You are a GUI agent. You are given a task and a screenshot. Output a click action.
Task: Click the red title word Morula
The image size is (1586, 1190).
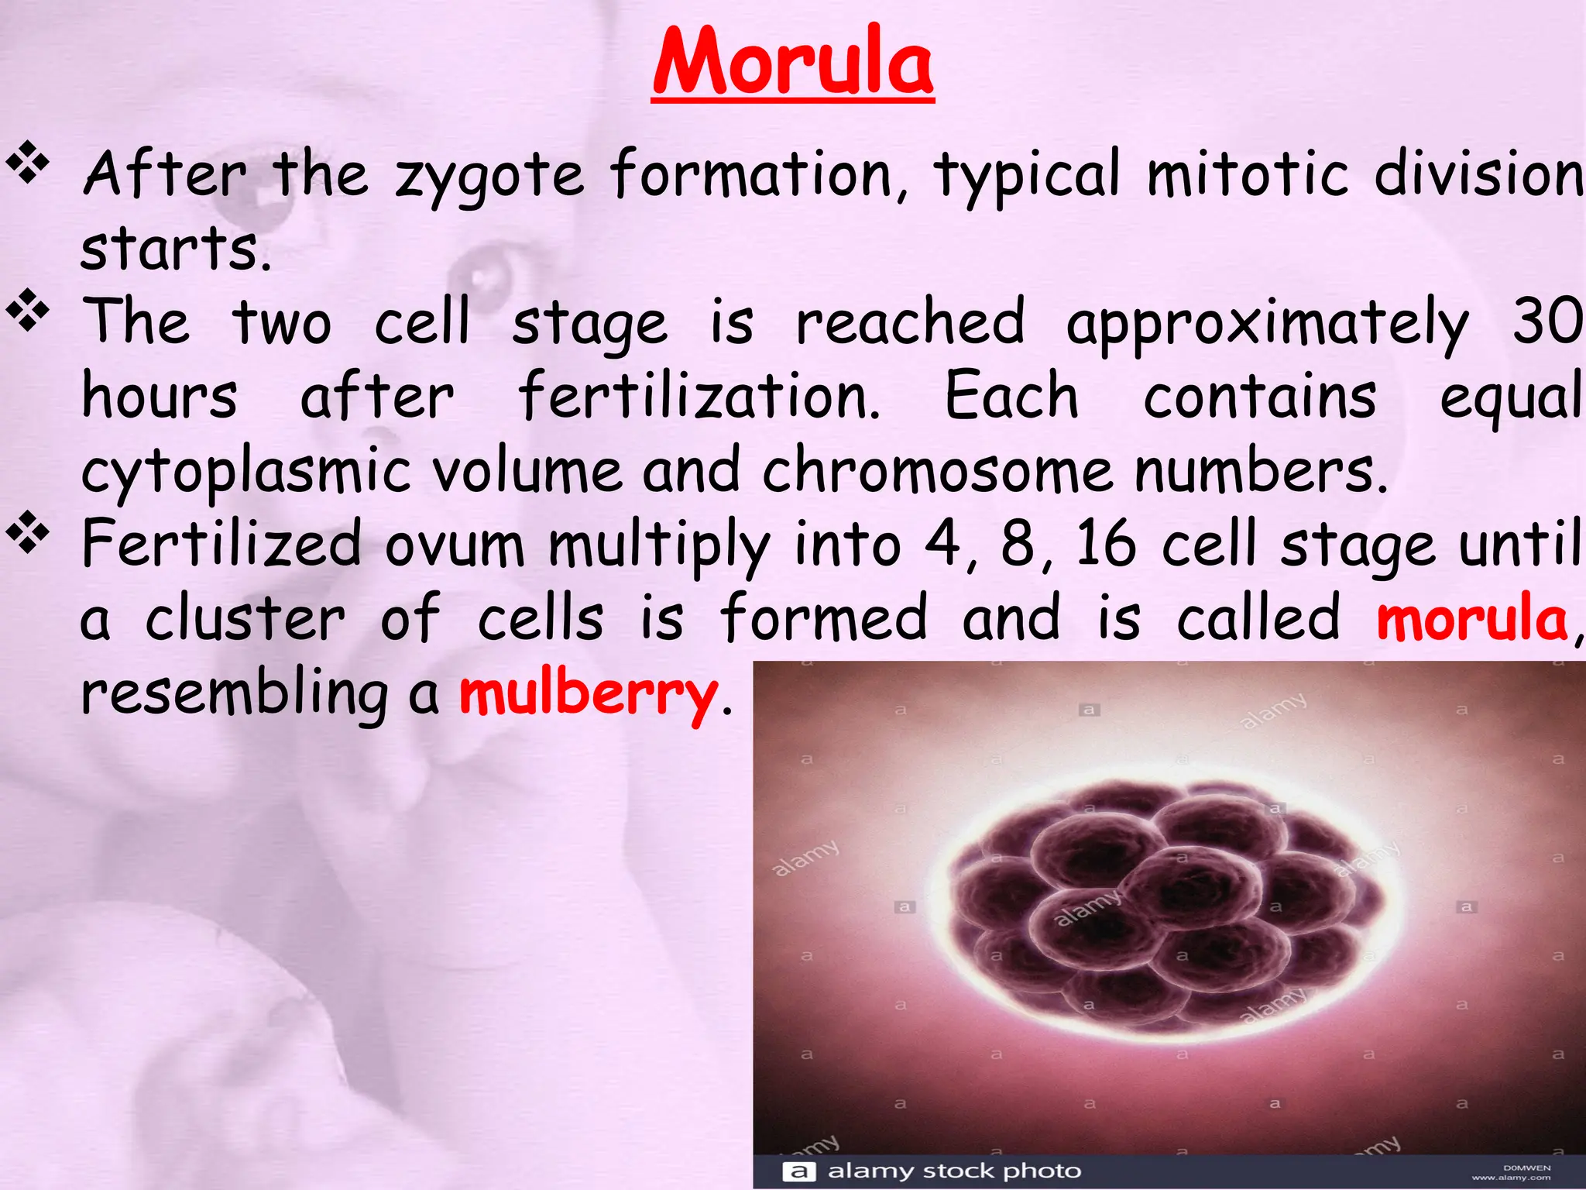[793, 62]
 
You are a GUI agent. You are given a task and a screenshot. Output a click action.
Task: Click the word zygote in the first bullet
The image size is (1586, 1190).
[489, 177]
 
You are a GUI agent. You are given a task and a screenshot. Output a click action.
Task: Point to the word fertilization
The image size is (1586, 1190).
[699, 396]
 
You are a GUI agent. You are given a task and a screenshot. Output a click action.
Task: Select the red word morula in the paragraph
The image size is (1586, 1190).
[1472, 618]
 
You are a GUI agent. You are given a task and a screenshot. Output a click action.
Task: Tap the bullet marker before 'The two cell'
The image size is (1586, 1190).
[28, 310]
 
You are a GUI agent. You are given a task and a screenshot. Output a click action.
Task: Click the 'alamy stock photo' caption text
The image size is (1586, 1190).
[954, 1170]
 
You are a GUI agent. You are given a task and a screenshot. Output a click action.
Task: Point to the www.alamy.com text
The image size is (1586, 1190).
[1511, 1178]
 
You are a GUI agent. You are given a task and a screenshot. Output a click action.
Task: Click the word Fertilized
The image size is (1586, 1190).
[221, 544]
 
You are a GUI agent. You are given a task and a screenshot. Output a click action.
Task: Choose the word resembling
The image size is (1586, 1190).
[234, 693]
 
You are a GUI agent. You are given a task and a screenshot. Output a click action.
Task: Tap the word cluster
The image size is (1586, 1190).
[245, 618]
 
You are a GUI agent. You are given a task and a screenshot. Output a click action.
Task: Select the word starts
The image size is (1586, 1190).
[176, 248]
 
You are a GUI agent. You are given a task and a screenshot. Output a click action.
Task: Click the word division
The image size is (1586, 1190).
[1478, 174]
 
